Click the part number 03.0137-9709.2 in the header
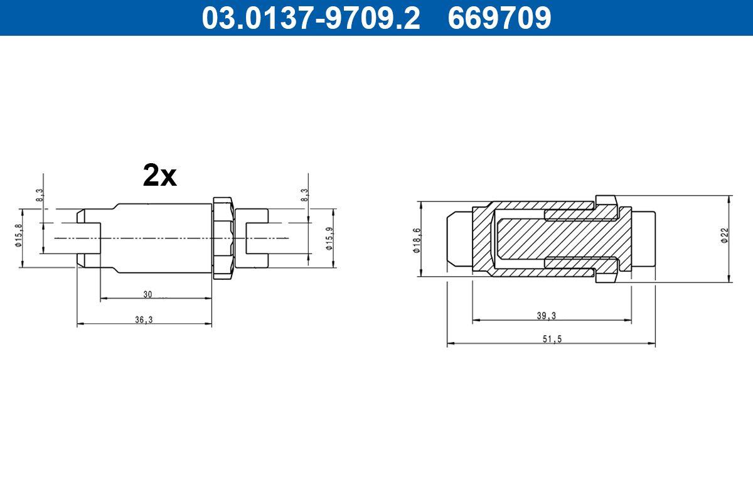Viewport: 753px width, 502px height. tap(310, 18)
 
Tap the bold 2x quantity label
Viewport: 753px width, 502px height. tap(160, 176)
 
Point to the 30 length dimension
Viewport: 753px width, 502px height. tap(147, 294)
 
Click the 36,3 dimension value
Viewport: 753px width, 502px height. tap(144, 319)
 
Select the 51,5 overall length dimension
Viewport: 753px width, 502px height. tap(550, 339)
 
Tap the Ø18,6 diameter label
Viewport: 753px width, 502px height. tap(416, 239)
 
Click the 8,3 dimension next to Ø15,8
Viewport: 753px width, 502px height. tap(40, 195)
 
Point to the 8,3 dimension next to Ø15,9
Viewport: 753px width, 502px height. tap(306, 195)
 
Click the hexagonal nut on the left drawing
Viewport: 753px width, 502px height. tap(223, 238)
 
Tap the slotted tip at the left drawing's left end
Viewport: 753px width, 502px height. tap(88, 238)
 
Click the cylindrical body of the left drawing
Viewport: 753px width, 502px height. tap(163, 238)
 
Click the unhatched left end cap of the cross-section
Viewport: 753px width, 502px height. tap(458, 239)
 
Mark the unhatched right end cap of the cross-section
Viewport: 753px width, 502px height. tap(643, 239)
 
